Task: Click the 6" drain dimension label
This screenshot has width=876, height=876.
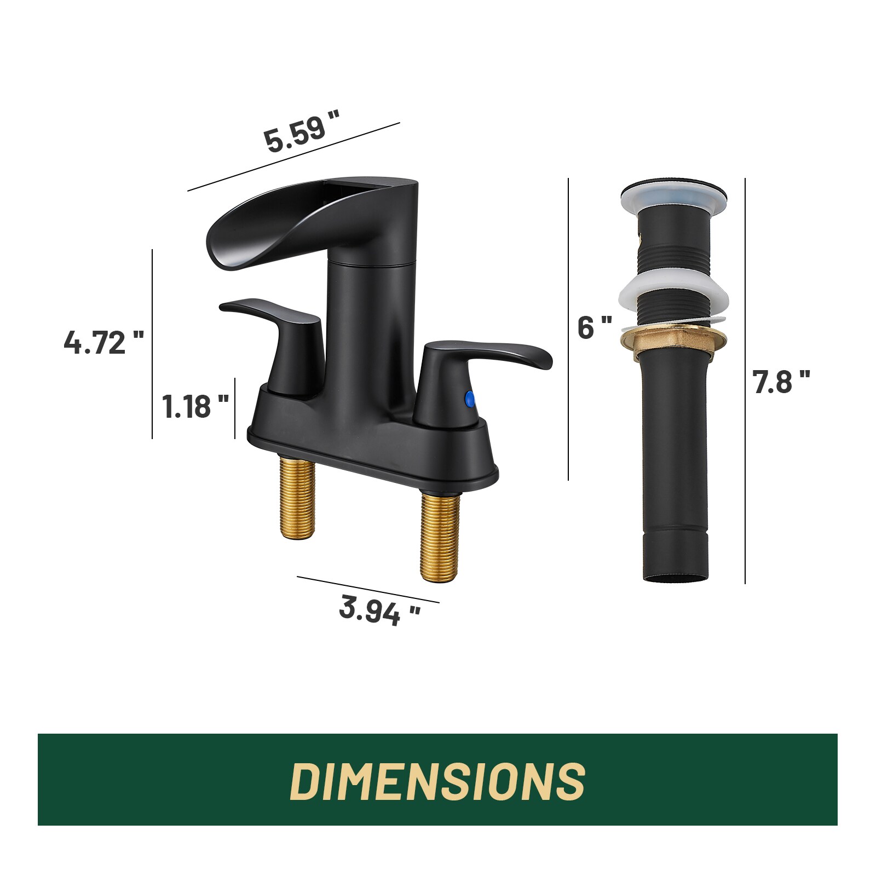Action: [595, 328]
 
